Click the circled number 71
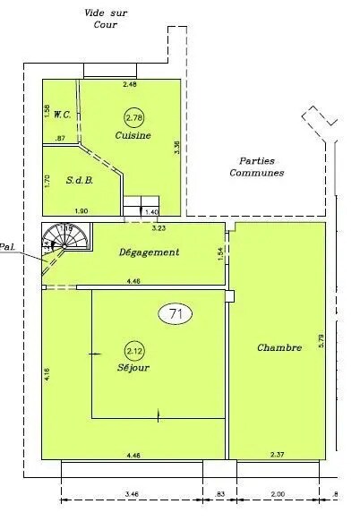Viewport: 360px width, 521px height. (x=176, y=313)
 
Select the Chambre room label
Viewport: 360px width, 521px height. (x=278, y=347)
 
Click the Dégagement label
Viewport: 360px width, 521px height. (x=149, y=252)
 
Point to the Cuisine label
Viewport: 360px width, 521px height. (x=133, y=135)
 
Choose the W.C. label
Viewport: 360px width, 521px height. (x=63, y=114)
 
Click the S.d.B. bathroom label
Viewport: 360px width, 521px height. (x=80, y=178)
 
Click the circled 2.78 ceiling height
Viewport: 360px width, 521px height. (x=133, y=117)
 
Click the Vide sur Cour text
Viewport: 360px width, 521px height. (x=106, y=18)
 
